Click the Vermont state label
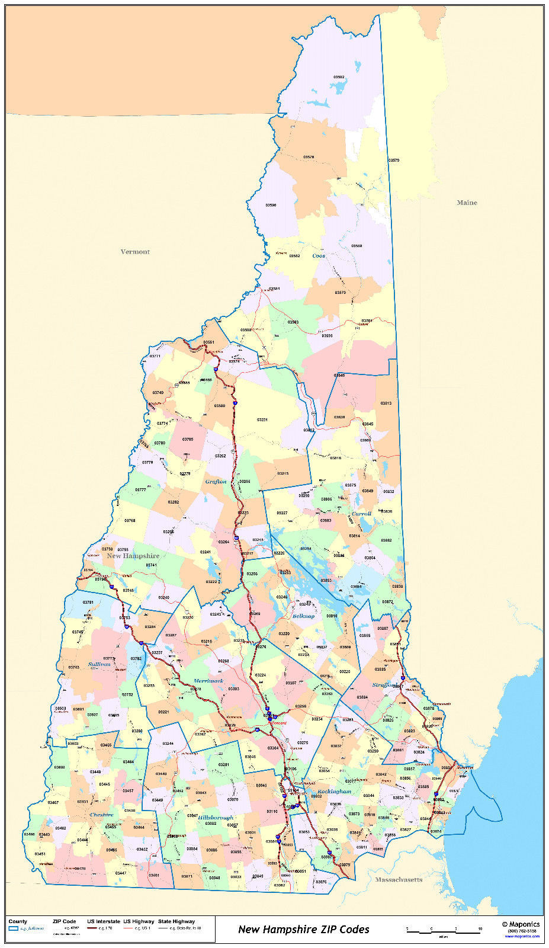click(x=135, y=252)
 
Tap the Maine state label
click(x=467, y=203)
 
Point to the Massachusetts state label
click(x=399, y=879)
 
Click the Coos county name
click(x=319, y=256)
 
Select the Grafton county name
click(x=216, y=482)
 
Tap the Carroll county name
click(x=361, y=514)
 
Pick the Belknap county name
click(x=303, y=616)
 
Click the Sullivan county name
click(x=99, y=664)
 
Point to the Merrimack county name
click(x=208, y=681)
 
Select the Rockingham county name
click(x=334, y=792)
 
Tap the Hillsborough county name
click(x=216, y=818)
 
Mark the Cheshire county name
click(x=101, y=815)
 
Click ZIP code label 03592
click(x=339, y=77)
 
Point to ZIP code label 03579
click(x=394, y=161)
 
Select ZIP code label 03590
click(x=271, y=205)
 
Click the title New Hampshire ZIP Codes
click(x=303, y=929)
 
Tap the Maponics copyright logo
click(x=521, y=924)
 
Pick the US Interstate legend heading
click(x=104, y=921)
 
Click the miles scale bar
click(x=443, y=931)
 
